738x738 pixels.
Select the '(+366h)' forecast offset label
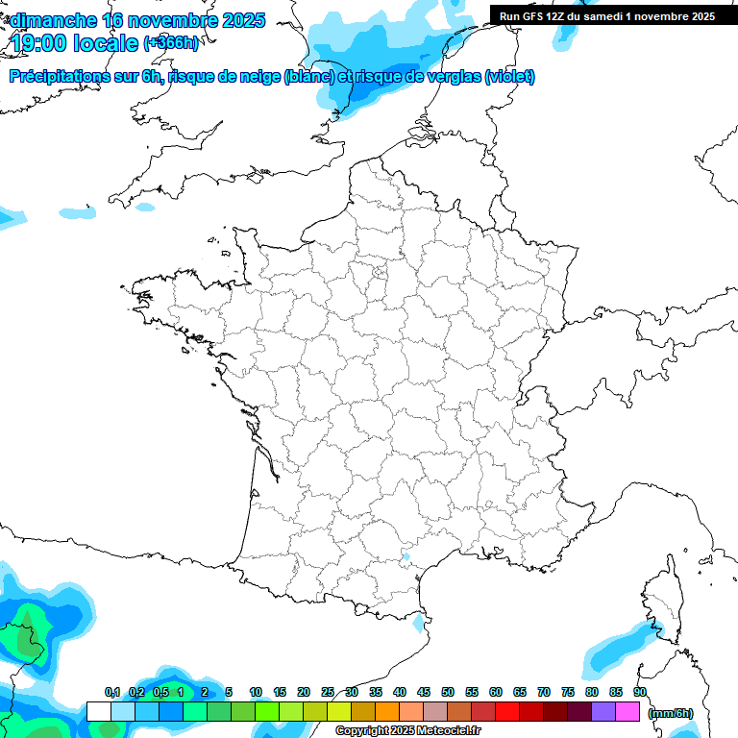[x=171, y=43]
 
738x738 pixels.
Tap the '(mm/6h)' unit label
[x=670, y=713]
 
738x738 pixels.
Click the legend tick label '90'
[x=640, y=693]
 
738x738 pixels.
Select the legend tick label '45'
[x=424, y=693]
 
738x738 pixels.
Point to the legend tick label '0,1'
[x=111, y=693]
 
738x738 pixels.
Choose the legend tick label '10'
[x=256, y=693]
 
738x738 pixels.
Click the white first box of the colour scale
[x=98, y=712]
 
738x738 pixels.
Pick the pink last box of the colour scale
[x=627, y=712]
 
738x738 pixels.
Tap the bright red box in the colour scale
[x=507, y=712]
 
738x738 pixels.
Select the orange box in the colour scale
[x=387, y=712]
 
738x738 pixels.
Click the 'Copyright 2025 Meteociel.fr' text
[x=407, y=731]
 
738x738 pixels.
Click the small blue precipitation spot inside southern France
[x=406, y=556]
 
